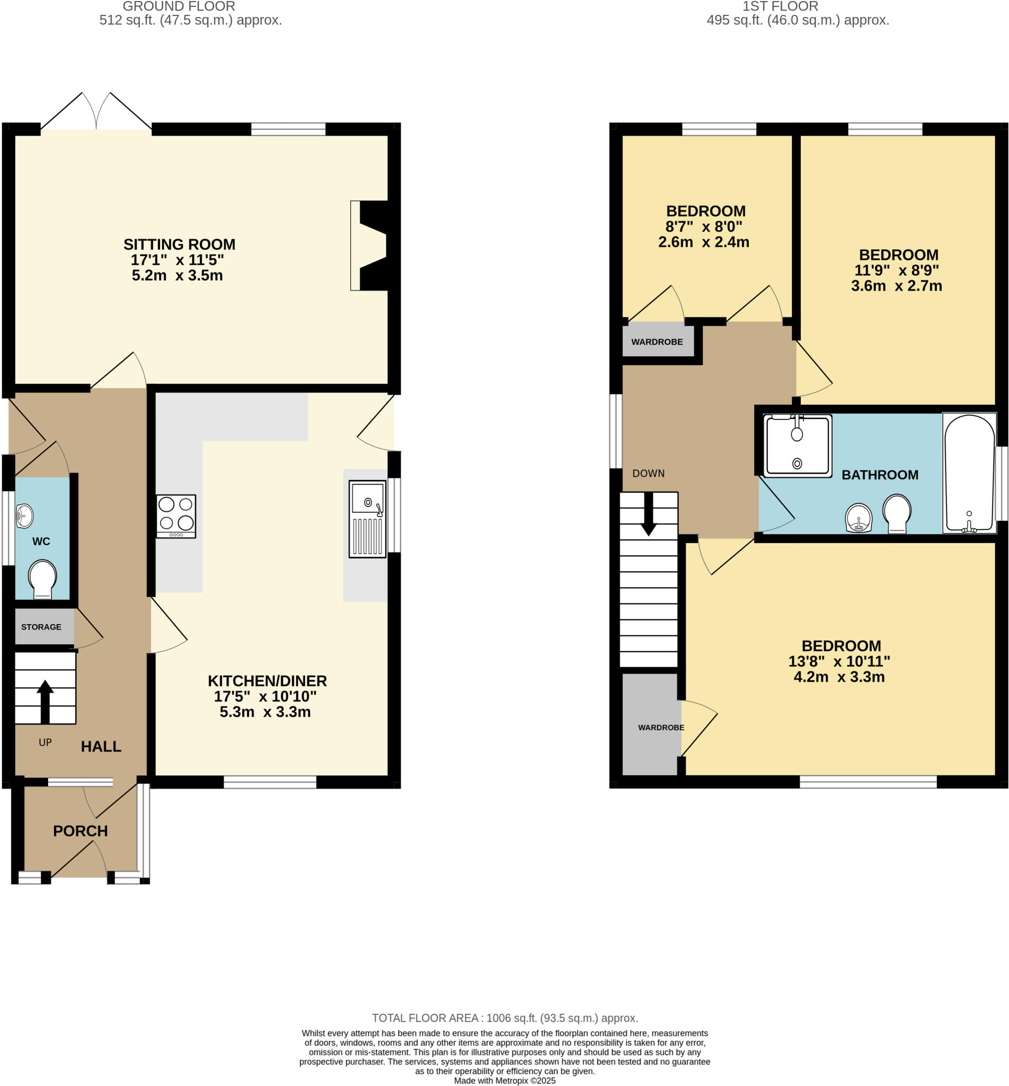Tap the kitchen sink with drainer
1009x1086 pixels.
tap(367, 519)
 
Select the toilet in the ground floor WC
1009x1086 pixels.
tap(42, 579)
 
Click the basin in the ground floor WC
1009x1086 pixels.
tap(23, 515)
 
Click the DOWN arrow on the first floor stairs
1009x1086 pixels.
tap(648, 513)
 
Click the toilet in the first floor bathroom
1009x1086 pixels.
tap(897, 512)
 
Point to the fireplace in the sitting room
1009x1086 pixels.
tap(371, 246)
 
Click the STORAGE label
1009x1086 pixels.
tap(41, 627)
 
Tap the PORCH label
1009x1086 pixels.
tap(80, 831)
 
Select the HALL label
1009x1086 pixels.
tap(101, 746)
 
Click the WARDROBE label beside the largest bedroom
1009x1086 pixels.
tap(661, 727)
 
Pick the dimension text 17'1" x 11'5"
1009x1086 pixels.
tap(177, 259)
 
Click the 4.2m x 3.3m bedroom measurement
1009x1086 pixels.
tap(839, 677)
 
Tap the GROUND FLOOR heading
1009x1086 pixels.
tap(179, 6)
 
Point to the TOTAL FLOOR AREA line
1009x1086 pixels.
tap(504, 1018)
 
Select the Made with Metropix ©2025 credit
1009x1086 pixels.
tap(504, 1080)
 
